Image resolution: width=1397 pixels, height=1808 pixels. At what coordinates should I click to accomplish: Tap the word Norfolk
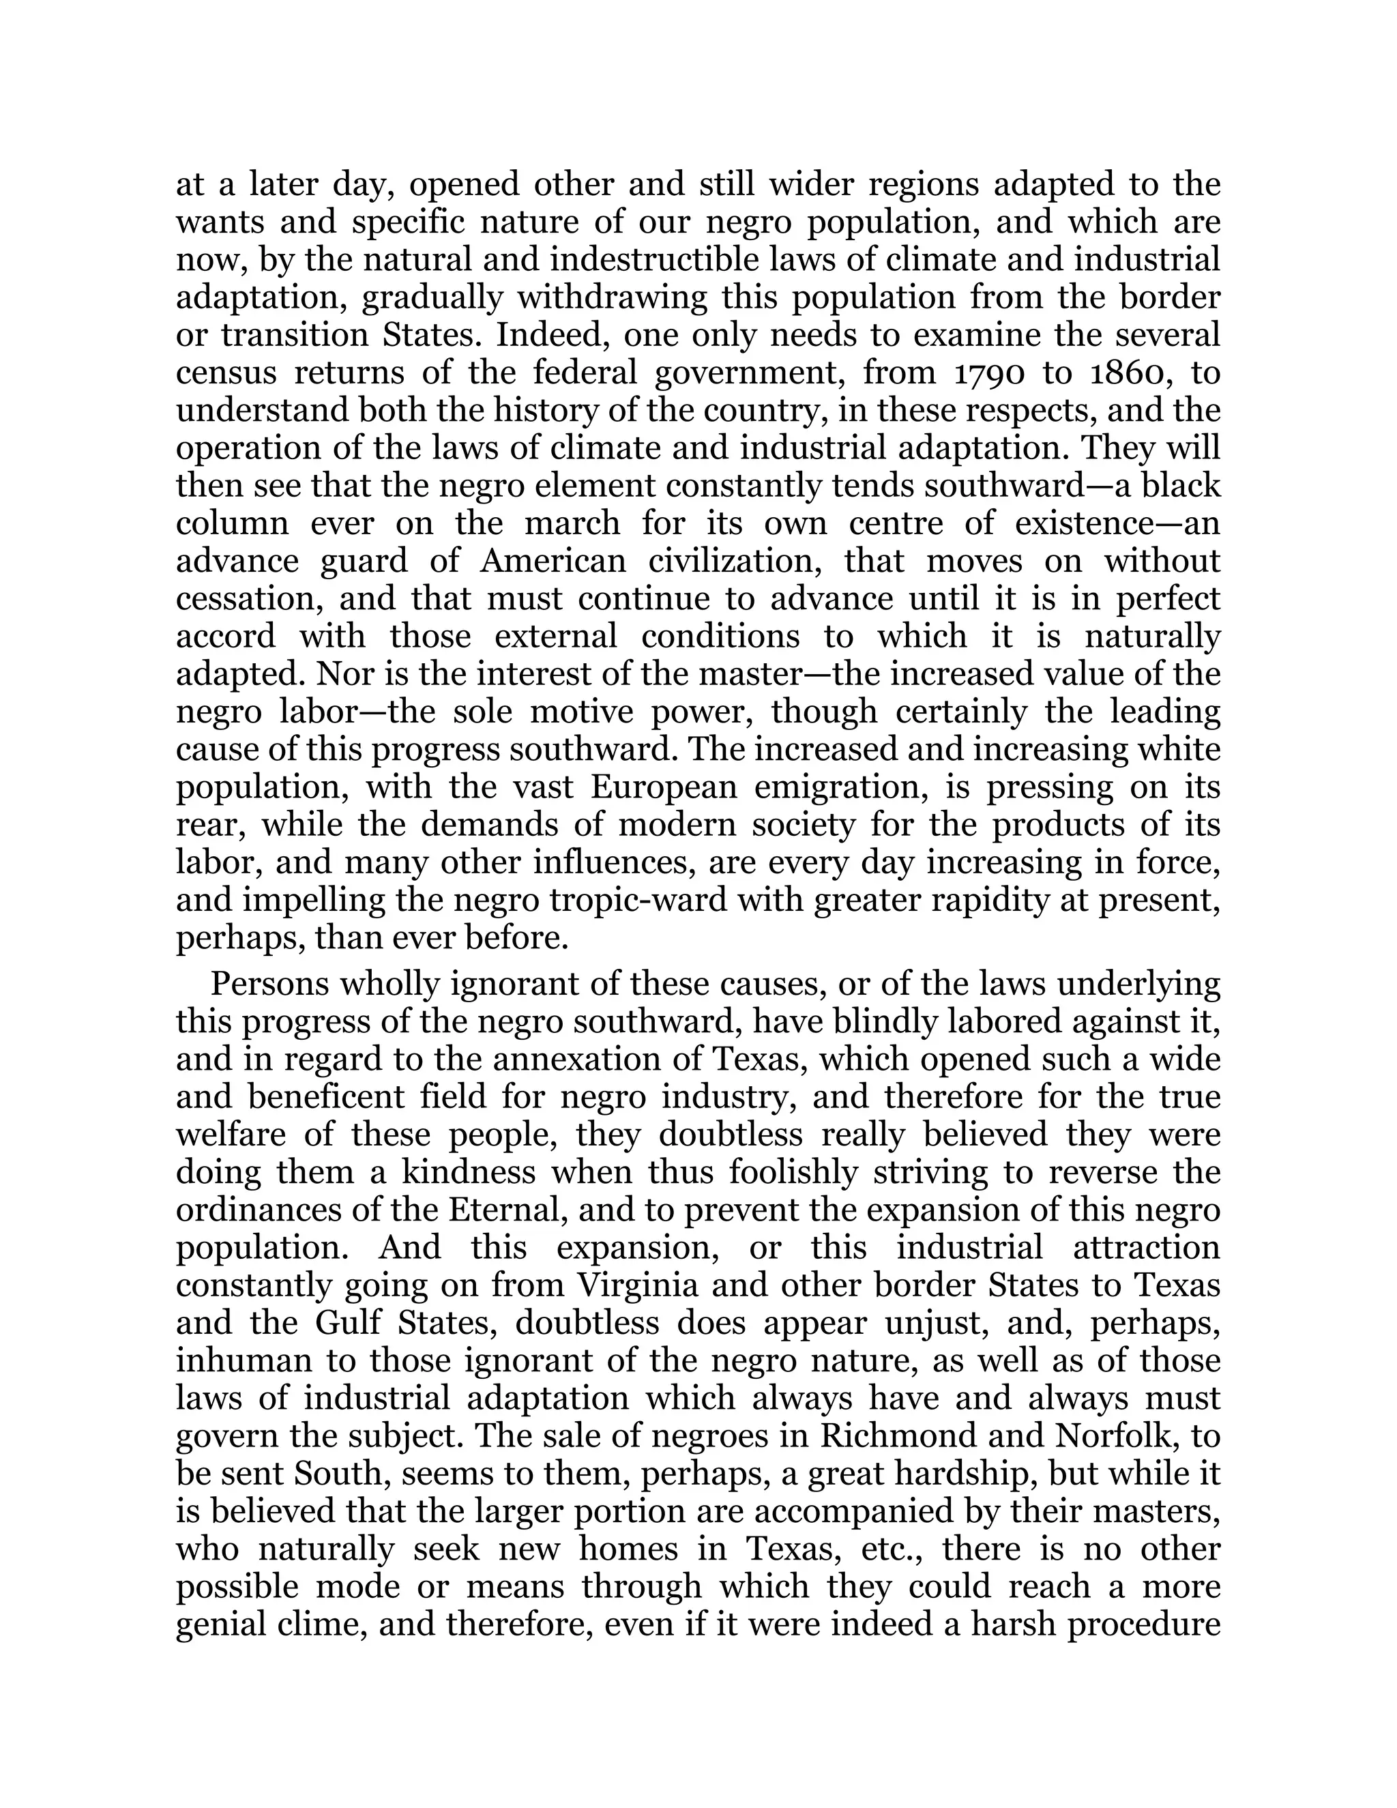(x=1115, y=1435)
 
